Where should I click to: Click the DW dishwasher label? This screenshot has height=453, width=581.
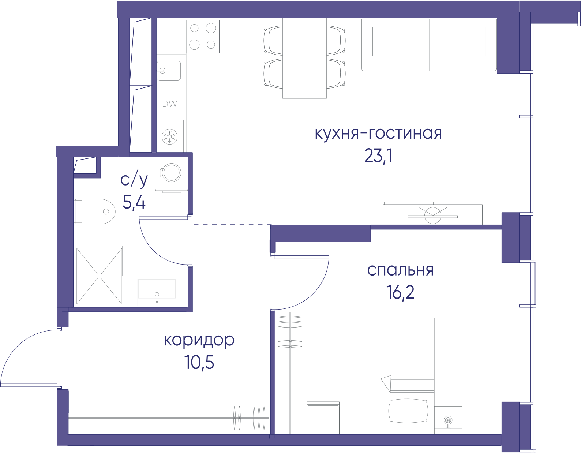point(169,104)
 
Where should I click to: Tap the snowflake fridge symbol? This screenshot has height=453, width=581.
point(169,136)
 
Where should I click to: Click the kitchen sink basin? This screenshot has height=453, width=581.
point(169,71)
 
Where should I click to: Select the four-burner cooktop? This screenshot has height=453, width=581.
point(203,36)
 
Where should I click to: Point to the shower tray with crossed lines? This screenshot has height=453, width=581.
point(99,276)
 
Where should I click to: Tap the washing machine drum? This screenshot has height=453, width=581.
point(172,172)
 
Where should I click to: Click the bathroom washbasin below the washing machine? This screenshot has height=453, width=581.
point(157,292)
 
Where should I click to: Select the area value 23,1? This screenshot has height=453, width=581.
point(378,156)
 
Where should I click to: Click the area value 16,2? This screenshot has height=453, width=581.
point(400,292)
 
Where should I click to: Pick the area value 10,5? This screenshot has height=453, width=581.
point(199,363)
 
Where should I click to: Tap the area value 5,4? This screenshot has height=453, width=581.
point(134,202)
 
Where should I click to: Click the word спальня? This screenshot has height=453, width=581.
point(400,270)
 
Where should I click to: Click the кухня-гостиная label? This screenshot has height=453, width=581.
point(378,134)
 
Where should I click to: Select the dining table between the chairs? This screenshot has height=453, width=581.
point(304,58)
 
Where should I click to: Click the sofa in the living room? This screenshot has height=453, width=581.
point(429,45)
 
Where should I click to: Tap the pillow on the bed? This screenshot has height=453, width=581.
point(408,411)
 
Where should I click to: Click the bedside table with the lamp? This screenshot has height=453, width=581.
point(448,420)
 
